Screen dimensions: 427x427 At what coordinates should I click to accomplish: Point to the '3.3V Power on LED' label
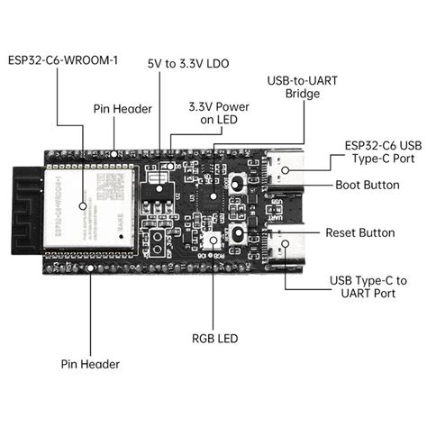coord(213,113)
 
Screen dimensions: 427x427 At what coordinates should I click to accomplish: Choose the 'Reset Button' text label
coord(359,232)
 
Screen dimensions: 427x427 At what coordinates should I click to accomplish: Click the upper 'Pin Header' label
coord(118,107)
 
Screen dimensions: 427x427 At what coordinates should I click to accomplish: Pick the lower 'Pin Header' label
coord(90,364)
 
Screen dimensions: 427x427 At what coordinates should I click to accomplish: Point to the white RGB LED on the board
coord(213,241)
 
